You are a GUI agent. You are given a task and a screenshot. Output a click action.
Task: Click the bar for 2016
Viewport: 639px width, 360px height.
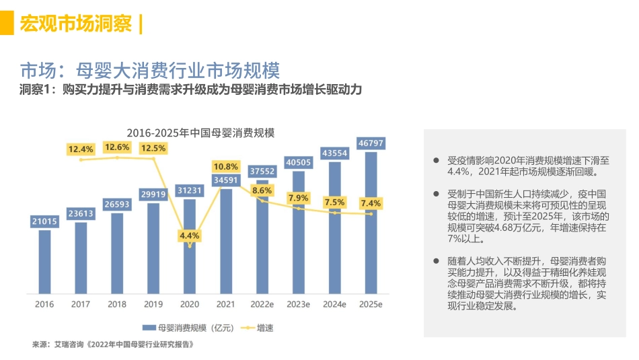(x=44, y=262)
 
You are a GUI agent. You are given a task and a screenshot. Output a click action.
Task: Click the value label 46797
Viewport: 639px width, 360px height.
(x=371, y=143)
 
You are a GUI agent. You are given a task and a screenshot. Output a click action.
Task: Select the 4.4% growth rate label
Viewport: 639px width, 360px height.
(x=190, y=236)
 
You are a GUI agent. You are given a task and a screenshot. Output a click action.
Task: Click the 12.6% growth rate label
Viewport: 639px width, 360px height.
(x=117, y=147)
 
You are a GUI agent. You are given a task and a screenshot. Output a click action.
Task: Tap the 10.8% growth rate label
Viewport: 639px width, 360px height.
(x=226, y=166)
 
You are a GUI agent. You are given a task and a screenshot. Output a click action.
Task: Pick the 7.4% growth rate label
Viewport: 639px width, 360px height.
(x=371, y=203)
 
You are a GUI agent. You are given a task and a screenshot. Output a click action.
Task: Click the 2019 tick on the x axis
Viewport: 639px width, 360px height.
(x=153, y=305)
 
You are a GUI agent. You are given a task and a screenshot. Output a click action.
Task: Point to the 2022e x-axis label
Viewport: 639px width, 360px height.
(x=262, y=305)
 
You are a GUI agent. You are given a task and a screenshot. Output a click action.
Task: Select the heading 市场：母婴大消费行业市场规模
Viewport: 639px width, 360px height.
(x=149, y=70)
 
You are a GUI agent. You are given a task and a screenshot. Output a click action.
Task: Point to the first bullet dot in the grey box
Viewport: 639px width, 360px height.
(x=437, y=160)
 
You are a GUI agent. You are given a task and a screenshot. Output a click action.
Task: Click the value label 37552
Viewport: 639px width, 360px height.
(x=262, y=171)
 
